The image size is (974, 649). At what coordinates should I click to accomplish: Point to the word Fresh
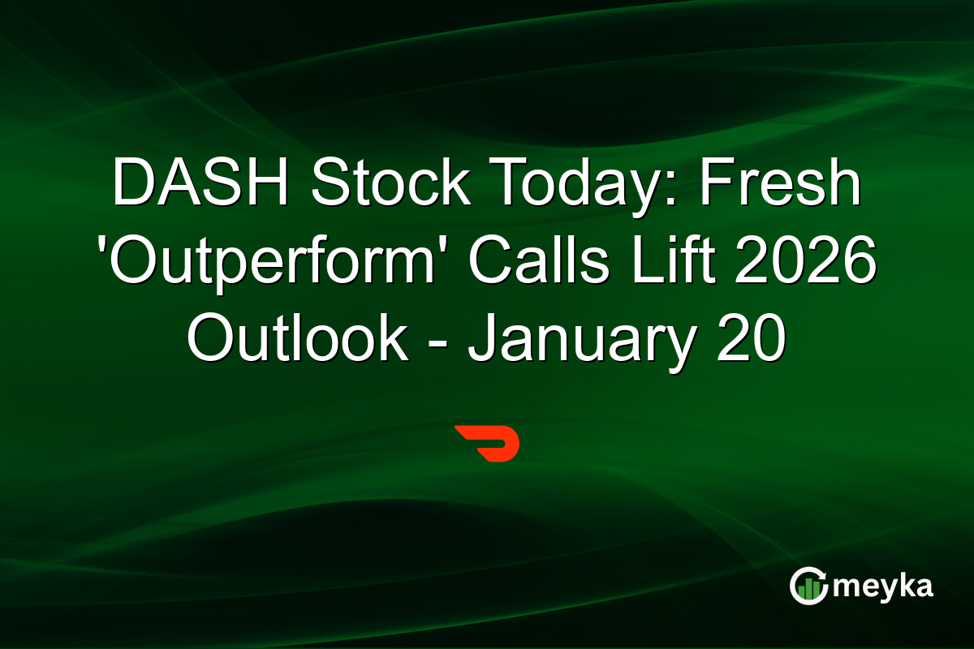[781, 185]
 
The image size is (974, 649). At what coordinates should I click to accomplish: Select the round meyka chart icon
[808, 586]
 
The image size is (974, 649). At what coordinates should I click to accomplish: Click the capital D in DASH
[132, 185]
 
